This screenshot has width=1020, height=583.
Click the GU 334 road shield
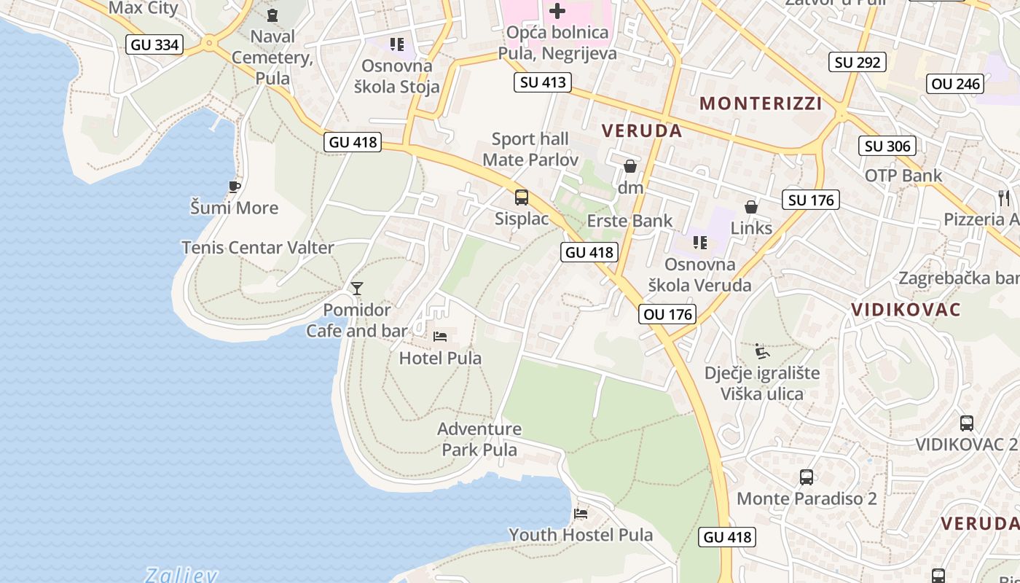[154, 44]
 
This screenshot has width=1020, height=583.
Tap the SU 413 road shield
[542, 82]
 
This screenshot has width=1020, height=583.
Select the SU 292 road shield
[858, 62]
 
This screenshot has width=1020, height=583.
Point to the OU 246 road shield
[956, 84]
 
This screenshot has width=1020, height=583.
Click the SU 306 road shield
[887, 146]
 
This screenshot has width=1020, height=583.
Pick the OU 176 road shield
[667, 314]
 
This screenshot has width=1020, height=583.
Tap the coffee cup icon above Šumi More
[234, 187]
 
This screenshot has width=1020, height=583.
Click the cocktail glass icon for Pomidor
[356, 289]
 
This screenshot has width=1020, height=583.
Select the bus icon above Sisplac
[522, 197]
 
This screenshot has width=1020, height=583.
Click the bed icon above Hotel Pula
[440, 336]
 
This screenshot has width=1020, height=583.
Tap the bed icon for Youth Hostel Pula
[581, 513]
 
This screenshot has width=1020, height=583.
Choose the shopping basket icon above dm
[630, 166]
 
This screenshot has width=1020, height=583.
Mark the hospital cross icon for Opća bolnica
[557, 11]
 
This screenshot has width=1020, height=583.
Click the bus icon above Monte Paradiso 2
[806, 477]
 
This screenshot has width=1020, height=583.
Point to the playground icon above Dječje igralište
[761, 351]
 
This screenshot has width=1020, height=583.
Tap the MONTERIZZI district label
[761, 103]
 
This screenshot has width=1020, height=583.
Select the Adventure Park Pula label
[479, 439]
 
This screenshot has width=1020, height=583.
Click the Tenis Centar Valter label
[258, 247]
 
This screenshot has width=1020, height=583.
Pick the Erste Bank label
[629, 221]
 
